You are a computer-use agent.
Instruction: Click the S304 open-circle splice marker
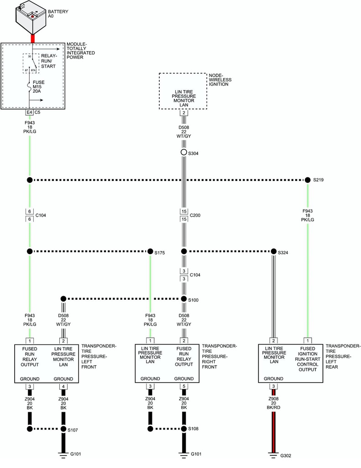(x=183, y=153)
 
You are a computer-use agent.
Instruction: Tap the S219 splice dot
(x=307, y=180)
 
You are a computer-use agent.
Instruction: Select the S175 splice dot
(x=150, y=251)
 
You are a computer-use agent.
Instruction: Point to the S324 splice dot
(x=274, y=252)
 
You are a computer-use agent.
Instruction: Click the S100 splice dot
(x=183, y=299)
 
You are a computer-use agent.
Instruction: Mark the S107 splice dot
(x=63, y=429)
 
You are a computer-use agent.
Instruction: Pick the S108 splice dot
(x=183, y=429)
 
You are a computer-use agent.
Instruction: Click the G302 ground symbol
(x=274, y=455)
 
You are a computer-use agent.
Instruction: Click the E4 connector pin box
(x=29, y=112)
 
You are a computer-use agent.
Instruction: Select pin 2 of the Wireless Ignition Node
(x=183, y=112)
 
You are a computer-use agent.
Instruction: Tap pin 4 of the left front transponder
(x=63, y=387)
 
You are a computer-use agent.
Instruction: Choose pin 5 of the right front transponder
(x=183, y=387)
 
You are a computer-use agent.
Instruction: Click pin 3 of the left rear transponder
(x=274, y=387)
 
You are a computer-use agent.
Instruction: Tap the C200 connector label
(x=195, y=215)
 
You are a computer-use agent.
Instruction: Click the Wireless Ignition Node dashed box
(x=183, y=91)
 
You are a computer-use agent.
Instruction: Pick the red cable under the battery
(x=33, y=38)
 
